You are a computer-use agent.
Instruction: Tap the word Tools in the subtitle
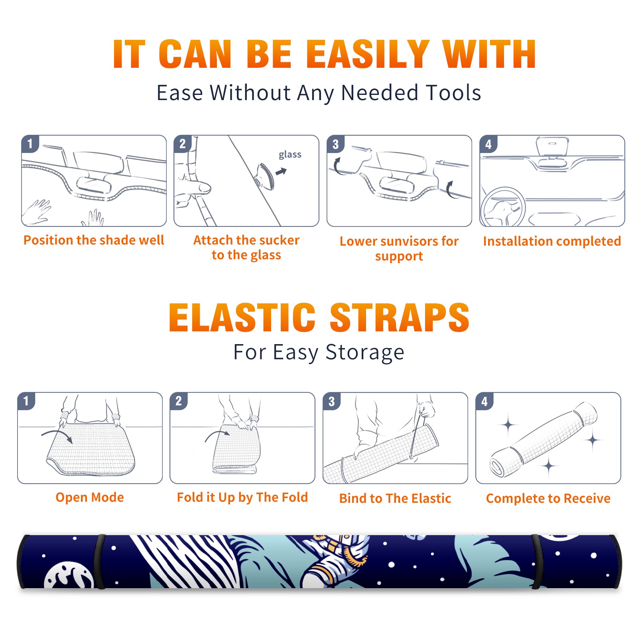click(x=453, y=93)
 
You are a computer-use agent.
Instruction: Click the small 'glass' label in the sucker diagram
click(x=290, y=155)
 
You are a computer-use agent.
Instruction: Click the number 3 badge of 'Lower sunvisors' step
click(x=335, y=144)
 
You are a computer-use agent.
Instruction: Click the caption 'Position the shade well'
click(x=94, y=240)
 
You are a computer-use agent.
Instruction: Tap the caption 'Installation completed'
click(x=552, y=241)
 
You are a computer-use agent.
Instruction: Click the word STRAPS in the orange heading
click(x=400, y=317)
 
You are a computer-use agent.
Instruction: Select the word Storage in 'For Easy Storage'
click(x=365, y=352)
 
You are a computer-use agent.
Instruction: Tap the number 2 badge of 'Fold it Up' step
click(x=179, y=401)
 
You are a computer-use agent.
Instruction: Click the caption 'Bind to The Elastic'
click(x=395, y=498)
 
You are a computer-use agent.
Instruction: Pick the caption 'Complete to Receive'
click(x=548, y=498)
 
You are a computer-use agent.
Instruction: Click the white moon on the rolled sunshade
click(x=69, y=575)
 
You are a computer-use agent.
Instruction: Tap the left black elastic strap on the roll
click(x=100, y=561)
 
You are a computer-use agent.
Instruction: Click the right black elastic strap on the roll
click(x=536, y=561)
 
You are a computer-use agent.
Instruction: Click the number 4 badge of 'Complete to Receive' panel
click(x=484, y=401)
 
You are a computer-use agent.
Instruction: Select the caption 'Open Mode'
click(x=90, y=497)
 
